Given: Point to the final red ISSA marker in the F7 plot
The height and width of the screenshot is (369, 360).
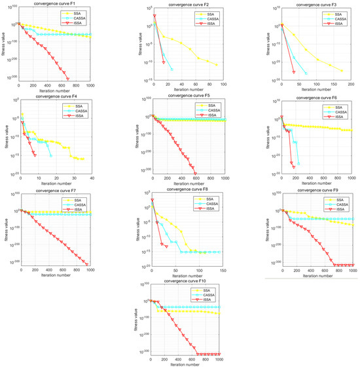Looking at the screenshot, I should pyautogui.click(x=86, y=265).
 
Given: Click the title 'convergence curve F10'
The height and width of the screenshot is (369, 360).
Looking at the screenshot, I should pyautogui.click(x=189, y=280).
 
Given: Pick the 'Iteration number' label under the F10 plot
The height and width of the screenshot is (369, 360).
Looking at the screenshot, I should pyautogui.click(x=189, y=364).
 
